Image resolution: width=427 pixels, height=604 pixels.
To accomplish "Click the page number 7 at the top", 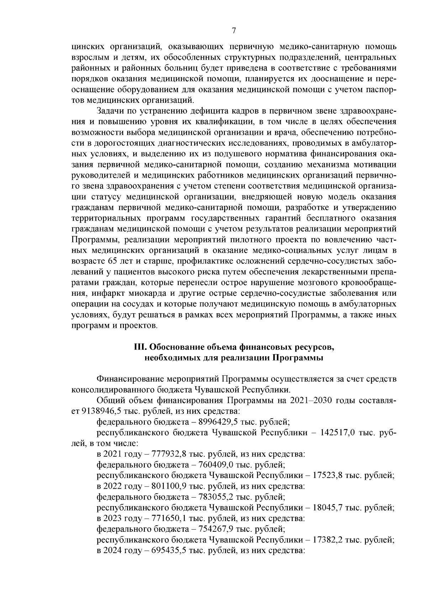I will pyautogui.click(x=234, y=31).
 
